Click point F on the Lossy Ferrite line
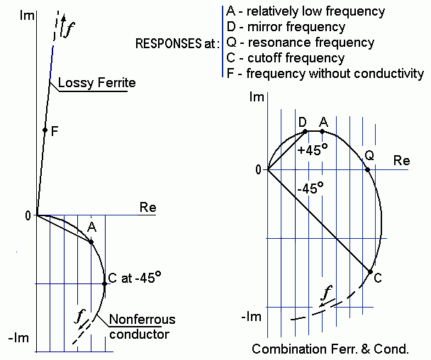(x=45, y=130)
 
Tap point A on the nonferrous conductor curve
(x=91, y=242)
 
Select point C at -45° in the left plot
(x=105, y=283)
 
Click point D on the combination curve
(x=304, y=131)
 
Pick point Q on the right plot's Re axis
(x=367, y=169)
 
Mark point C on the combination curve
(x=370, y=271)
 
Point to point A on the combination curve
(x=323, y=131)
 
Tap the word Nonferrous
(x=142, y=320)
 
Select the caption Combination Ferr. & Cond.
(x=330, y=349)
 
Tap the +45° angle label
(x=312, y=150)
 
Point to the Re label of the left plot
(x=147, y=208)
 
